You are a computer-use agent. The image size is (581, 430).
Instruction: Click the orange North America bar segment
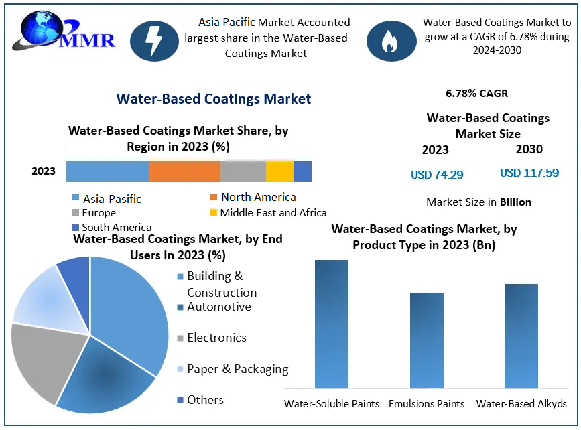pos(184,171)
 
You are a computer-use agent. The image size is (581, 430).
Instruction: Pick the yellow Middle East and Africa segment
pos(279,171)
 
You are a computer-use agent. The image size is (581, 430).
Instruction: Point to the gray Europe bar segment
pos(243,171)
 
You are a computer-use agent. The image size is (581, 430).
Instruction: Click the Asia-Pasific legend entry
pos(107,199)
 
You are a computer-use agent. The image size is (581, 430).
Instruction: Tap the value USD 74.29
pos(437,175)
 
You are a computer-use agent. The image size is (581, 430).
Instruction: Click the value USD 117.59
pos(529,173)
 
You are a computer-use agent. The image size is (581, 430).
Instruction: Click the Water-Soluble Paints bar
pos(332,324)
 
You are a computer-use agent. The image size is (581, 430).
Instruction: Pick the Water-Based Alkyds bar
pos(521,336)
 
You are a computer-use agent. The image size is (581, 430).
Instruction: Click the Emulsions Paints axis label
pos(427,404)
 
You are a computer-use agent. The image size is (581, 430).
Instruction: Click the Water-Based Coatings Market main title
pos(214,99)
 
